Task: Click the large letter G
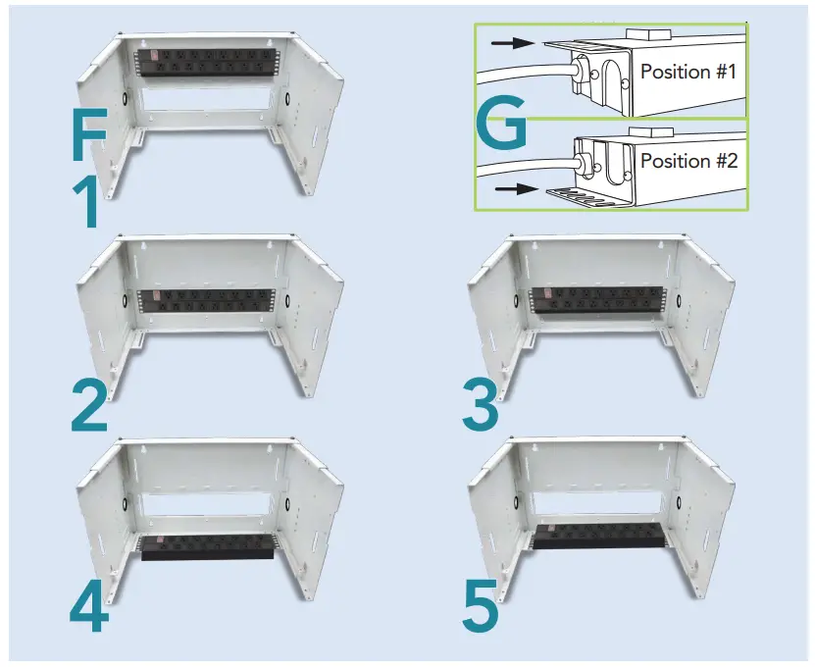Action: point(499,126)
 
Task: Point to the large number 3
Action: point(482,404)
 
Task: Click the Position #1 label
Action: point(687,72)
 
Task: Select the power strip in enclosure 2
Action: point(206,302)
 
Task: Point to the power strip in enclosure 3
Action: point(594,303)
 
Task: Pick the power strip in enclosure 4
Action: point(205,547)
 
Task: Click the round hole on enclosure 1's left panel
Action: point(127,100)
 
